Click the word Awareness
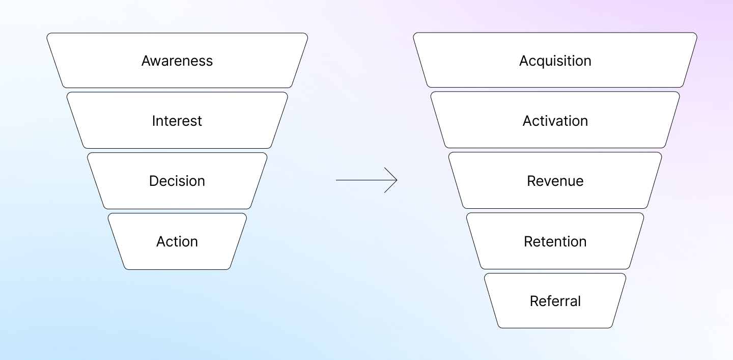pos(177,61)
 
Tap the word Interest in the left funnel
pos(177,121)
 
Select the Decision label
pos(177,181)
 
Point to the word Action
pos(177,241)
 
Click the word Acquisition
pos(555,61)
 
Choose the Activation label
pos(555,121)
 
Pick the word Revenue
pos(555,181)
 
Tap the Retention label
pos(555,241)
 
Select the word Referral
pos(555,301)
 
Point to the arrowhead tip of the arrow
pos(397,180)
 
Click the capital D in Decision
pos(154,181)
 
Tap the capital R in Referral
pos(534,301)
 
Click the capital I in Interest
pos(153,121)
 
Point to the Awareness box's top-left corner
pos(47,34)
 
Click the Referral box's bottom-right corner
pos(611,327)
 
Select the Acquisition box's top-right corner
pos(696,34)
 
